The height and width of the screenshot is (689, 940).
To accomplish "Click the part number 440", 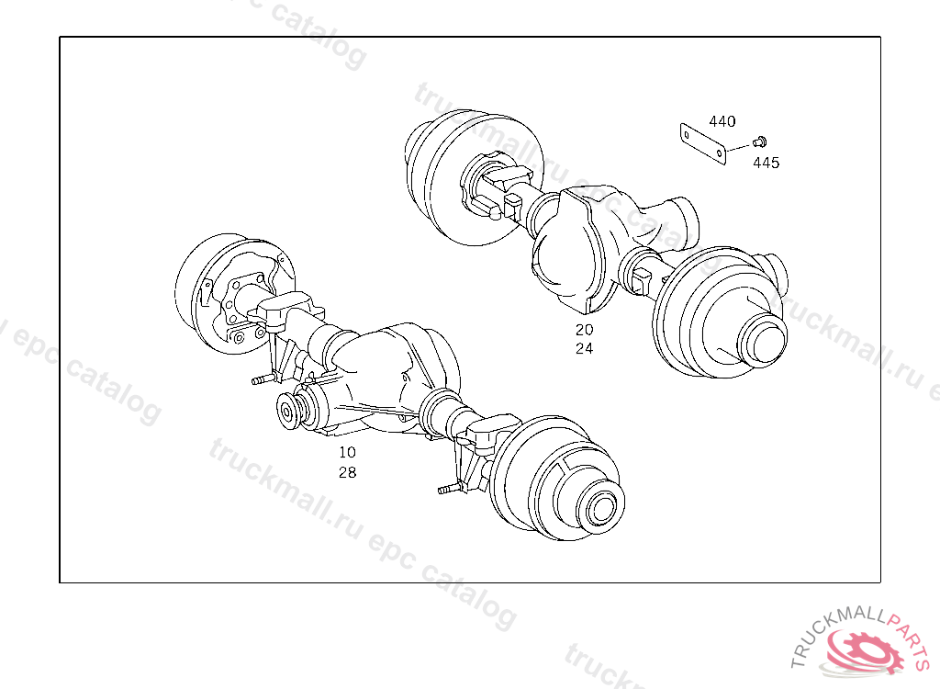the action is (722, 121).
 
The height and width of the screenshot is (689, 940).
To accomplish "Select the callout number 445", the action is (767, 163).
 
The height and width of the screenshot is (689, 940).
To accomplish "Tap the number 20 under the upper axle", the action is (585, 330).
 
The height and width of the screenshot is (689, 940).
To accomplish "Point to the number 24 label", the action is (585, 348).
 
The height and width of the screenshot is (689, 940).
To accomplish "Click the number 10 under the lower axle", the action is (348, 452).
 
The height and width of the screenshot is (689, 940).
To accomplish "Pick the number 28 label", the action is (348, 472).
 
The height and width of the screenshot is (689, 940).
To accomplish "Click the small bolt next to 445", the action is (759, 142).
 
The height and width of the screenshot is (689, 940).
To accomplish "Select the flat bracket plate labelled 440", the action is (703, 144).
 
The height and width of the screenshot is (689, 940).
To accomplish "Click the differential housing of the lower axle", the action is (384, 378).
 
